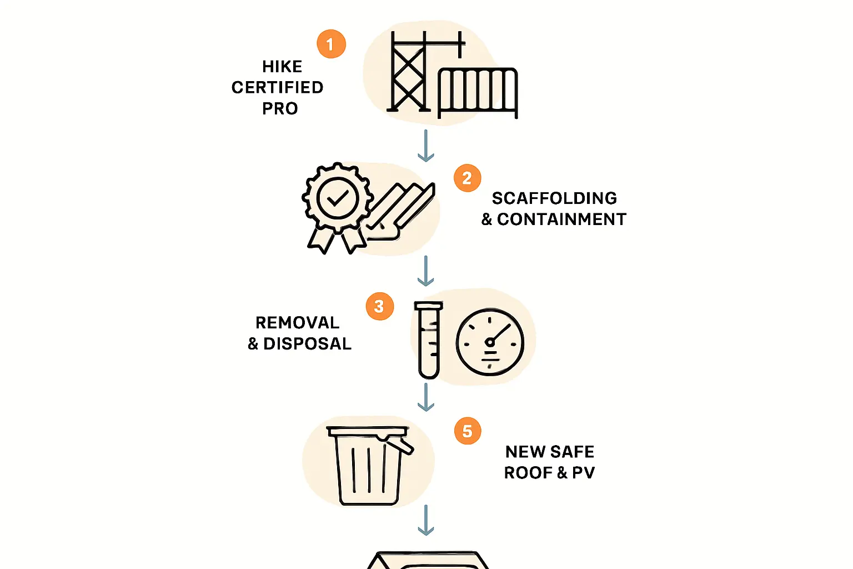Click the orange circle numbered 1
tap(332, 44)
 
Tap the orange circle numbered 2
tap(467, 178)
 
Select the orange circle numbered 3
tap(380, 306)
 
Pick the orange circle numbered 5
tap(468, 431)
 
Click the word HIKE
tap(282, 67)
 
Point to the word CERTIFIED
tap(278, 87)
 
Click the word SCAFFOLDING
tap(554, 198)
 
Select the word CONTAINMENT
tap(561, 219)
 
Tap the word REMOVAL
tap(298, 323)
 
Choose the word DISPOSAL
tap(307, 344)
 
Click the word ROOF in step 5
tap(528, 473)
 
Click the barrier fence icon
tap(478, 93)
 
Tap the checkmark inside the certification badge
tap(338, 198)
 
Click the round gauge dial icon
tap(490, 342)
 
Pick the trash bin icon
tap(369, 466)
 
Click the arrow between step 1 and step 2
tap(426, 146)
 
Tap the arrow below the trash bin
tap(426, 520)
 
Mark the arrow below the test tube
tap(426, 397)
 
